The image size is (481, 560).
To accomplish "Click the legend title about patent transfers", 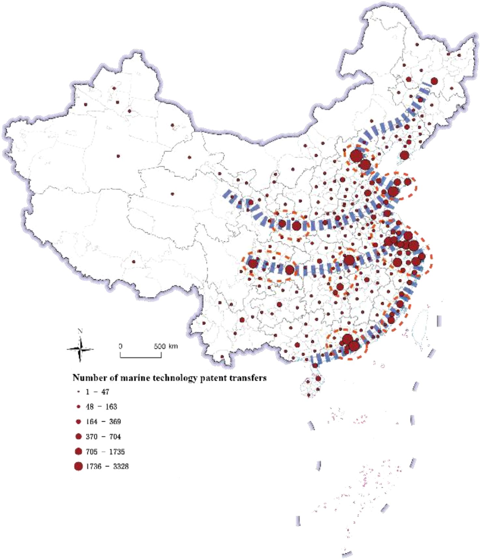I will pyautogui.click(x=169, y=377).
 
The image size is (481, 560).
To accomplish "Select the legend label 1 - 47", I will pyautogui.click(x=97, y=392).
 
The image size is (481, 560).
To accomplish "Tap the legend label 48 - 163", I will pyautogui.click(x=101, y=406).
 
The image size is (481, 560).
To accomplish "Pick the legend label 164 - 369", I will pyautogui.click(x=103, y=421).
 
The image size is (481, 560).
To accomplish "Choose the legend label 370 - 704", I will pyautogui.click(x=103, y=436).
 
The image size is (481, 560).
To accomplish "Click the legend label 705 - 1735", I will pyautogui.click(x=105, y=451).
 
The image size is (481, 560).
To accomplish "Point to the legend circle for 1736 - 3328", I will pyautogui.click(x=78, y=466).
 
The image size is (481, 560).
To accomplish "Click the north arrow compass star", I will pyautogui.click(x=80, y=349).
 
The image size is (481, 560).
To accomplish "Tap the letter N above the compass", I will pyautogui.click(x=80, y=331).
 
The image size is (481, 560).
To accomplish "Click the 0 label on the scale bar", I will pyautogui.click(x=120, y=346).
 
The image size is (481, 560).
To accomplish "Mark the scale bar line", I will pyautogui.click(x=141, y=357).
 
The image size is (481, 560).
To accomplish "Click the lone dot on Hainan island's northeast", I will pyautogui.click(x=318, y=378).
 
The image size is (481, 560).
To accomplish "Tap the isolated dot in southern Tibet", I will pyautogui.click(x=133, y=261).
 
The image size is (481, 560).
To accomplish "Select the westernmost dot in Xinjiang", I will pyautogui.click(x=86, y=104).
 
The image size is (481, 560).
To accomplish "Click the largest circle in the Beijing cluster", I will pyautogui.click(x=356, y=156).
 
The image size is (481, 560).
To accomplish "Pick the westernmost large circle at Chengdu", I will pyautogui.click(x=253, y=263).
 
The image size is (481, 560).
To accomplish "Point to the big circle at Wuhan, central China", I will pyautogui.click(x=349, y=260).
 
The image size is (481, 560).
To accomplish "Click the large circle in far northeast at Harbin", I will pyautogui.click(x=434, y=81).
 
